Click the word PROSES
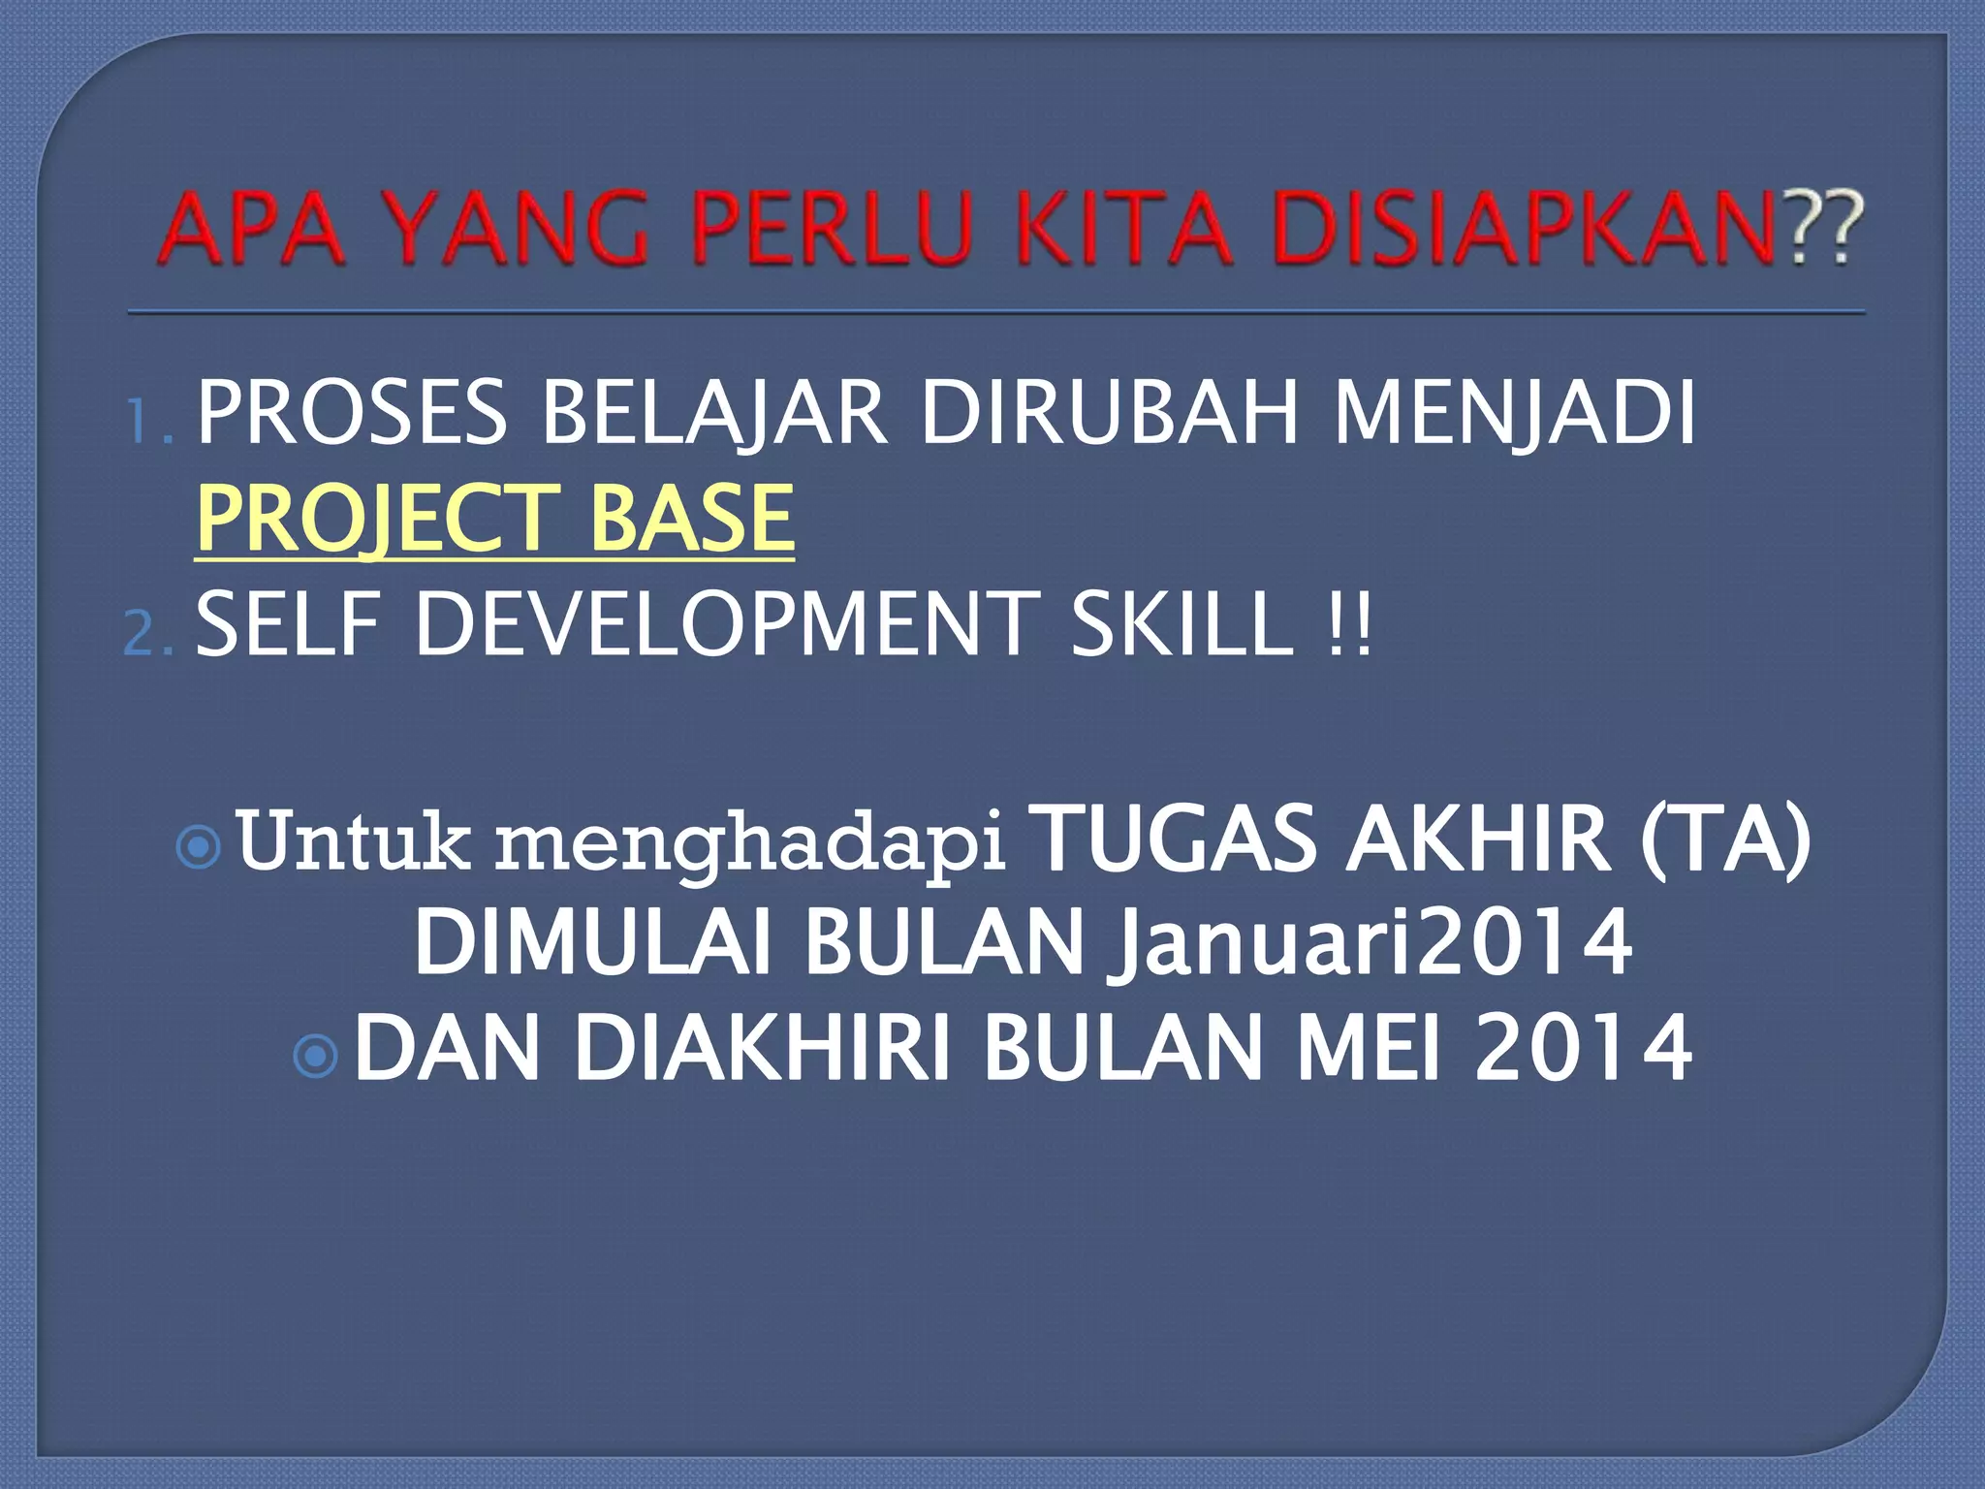click(351, 413)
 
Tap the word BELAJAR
click(713, 413)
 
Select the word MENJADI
click(1514, 413)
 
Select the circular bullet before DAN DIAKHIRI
click(315, 1057)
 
